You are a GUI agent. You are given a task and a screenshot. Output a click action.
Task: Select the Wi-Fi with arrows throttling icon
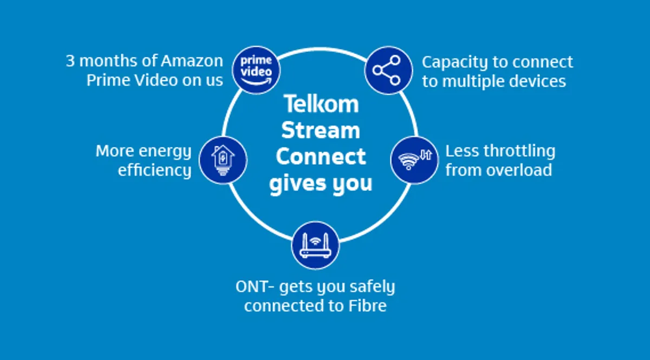click(414, 160)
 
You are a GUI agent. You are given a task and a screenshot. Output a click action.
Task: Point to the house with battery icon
click(223, 160)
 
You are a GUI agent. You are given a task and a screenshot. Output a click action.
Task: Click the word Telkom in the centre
click(321, 104)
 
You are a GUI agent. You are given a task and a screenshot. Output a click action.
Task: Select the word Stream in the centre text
click(321, 130)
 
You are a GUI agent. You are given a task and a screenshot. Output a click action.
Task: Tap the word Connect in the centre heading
click(321, 157)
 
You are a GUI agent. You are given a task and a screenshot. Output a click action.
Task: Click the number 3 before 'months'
click(70, 61)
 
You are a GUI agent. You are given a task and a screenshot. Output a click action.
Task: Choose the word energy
click(165, 152)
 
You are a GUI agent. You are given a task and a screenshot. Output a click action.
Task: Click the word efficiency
click(154, 170)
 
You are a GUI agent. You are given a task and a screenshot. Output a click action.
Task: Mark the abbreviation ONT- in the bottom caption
click(253, 286)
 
